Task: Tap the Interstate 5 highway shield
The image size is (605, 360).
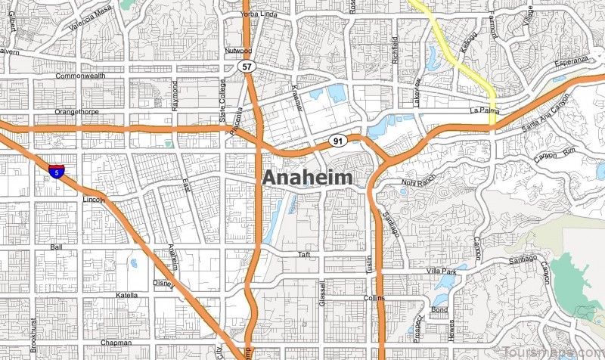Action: click(x=54, y=171)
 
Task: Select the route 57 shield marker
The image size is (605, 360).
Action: click(x=246, y=67)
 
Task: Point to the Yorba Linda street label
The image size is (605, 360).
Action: click(x=259, y=14)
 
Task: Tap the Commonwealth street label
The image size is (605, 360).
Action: click(x=82, y=77)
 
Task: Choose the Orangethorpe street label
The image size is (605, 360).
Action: click(x=79, y=113)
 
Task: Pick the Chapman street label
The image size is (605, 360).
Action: click(x=116, y=343)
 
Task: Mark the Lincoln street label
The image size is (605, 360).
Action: click(x=93, y=200)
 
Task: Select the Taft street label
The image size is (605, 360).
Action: click(x=304, y=254)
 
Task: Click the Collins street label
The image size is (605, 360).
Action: click(x=374, y=298)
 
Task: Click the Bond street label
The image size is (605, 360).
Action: click(x=439, y=309)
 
